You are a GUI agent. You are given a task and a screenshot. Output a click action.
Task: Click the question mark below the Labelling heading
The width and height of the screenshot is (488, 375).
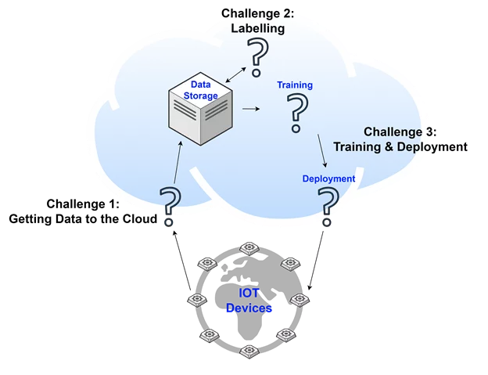tap(256, 56)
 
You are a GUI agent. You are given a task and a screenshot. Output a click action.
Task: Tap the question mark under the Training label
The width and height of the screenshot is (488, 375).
tap(296, 112)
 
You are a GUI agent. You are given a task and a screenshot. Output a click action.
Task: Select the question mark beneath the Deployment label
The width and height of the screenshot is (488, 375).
tap(329, 202)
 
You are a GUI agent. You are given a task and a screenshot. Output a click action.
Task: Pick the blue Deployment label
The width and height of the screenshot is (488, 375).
tap(328, 178)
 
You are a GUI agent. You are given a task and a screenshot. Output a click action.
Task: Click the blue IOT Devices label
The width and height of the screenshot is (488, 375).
tap(249, 301)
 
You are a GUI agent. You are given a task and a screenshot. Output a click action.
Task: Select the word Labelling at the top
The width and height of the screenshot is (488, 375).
tap(257, 29)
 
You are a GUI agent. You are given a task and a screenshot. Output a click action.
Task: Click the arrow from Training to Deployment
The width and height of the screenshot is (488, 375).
tap(321, 149)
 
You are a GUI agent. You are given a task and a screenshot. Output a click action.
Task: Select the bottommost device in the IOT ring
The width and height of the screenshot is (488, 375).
tap(249, 352)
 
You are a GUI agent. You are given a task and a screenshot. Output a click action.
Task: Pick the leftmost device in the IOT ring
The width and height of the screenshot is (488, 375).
tap(197, 300)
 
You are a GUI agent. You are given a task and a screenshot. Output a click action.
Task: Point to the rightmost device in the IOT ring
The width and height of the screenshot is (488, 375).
tap(300, 300)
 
